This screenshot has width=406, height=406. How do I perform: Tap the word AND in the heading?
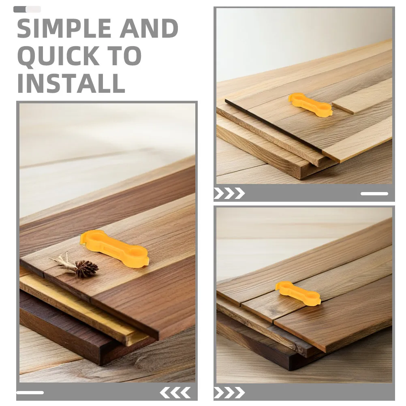tap(149, 28)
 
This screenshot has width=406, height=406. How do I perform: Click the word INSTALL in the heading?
tap(71, 83)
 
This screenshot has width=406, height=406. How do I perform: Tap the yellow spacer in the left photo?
tap(114, 248)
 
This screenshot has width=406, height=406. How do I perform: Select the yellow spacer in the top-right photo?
tap(310, 105)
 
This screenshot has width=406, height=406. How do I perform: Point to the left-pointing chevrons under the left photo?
tap(175, 393)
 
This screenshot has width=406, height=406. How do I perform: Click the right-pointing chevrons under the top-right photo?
tap(229, 193)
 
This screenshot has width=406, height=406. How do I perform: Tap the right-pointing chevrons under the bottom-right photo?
tap(229, 393)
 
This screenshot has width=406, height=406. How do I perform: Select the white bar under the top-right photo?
tap(374, 194)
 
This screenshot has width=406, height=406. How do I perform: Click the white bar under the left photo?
tap(30, 393)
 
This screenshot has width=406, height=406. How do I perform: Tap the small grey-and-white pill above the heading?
tap(27, 9)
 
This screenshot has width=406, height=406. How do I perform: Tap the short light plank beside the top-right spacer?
tap(362, 96)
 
